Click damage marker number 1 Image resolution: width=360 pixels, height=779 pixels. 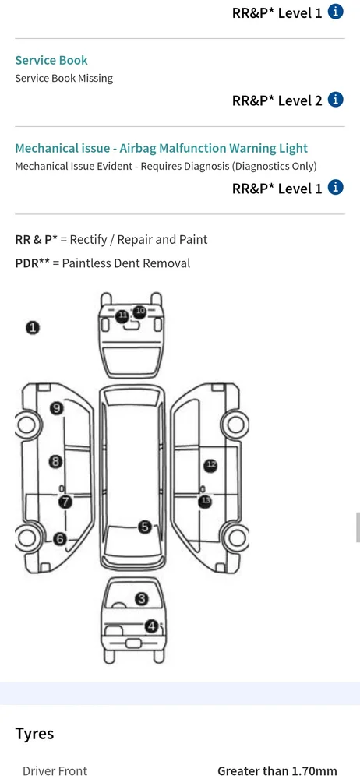[33, 327]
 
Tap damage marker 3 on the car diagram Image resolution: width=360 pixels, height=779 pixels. [142, 599]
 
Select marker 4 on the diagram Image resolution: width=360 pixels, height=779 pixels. [152, 626]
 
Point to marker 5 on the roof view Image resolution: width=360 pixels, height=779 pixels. [145, 527]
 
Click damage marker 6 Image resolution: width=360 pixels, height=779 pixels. [60, 538]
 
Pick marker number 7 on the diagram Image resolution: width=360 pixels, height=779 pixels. [65, 502]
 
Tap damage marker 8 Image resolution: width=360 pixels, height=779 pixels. [55, 461]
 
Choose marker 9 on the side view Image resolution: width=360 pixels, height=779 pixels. [57, 408]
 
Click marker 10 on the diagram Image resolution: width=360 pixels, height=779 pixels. [140, 312]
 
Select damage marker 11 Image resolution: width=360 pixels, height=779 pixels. [122, 315]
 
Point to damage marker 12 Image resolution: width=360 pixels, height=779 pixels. [211, 466]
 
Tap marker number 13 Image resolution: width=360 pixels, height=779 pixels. [205, 501]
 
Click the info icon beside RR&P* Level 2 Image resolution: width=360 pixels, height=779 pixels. [336, 100]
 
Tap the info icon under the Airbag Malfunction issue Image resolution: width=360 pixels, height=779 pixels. [336, 187]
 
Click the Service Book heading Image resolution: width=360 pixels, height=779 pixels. [51, 60]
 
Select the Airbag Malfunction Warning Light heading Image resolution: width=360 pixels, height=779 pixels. [161, 148]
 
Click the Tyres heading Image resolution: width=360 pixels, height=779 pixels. [34, 733]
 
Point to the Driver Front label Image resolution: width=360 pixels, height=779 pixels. [55, 771]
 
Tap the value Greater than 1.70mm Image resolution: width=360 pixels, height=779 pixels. [277, 771]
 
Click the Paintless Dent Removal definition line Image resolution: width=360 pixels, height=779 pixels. [102, 263]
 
